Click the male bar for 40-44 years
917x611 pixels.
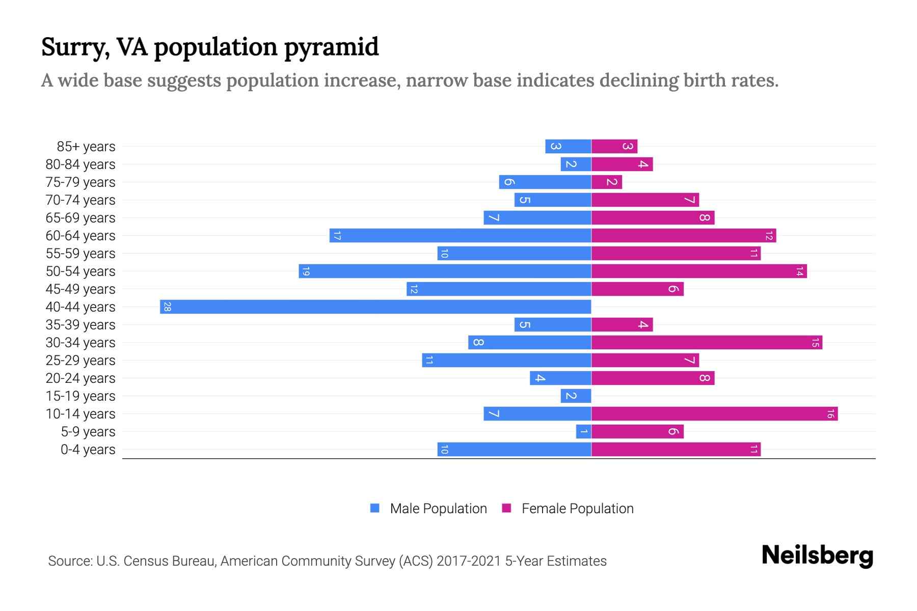(x=375, y=307)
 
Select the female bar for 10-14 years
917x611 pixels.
(x=714, y=414)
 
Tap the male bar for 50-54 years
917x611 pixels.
(x=445, y=271)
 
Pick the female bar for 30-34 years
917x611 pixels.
(x=707, y=343)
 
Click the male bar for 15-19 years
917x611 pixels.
(x=576, y=396)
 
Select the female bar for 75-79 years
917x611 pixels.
(x=607, y=182)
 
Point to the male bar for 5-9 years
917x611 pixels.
(x=583, y=432)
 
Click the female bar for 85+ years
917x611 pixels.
(x=614, y=147)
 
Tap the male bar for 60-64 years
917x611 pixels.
(x=460, y=236)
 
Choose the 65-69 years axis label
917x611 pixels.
(x=80, y=218)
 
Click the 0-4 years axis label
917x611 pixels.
(x=88, y=450)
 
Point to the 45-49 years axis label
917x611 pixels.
(x=80, y=289)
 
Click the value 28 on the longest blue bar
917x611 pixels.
(x=167, y=307)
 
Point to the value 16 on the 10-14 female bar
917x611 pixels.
(x=830, y=414)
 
